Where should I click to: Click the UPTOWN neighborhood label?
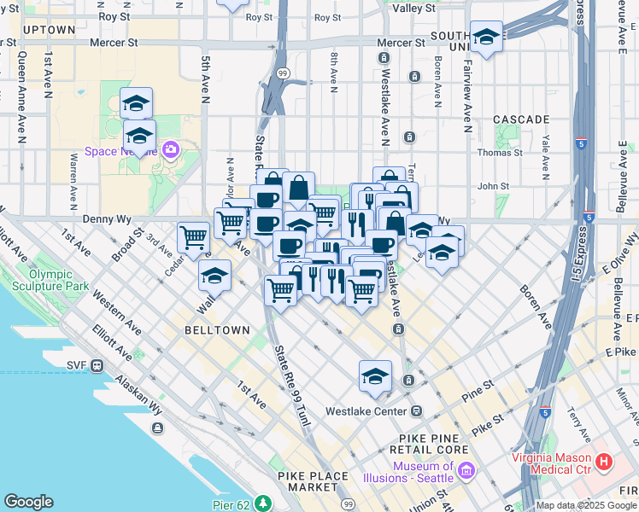pos(50,30)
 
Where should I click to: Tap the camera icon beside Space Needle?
pos(170,150)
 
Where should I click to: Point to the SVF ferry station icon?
pos(97,365)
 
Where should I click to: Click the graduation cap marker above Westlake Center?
pos(375,375)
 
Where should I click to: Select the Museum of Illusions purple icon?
pos(466,470)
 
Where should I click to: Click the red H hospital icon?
pos(605,462)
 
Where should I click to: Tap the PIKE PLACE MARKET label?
pos(313,480)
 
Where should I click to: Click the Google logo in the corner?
pos(29,502)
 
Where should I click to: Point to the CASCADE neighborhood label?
pos(521,119)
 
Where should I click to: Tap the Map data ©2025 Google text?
pos(585,505)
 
